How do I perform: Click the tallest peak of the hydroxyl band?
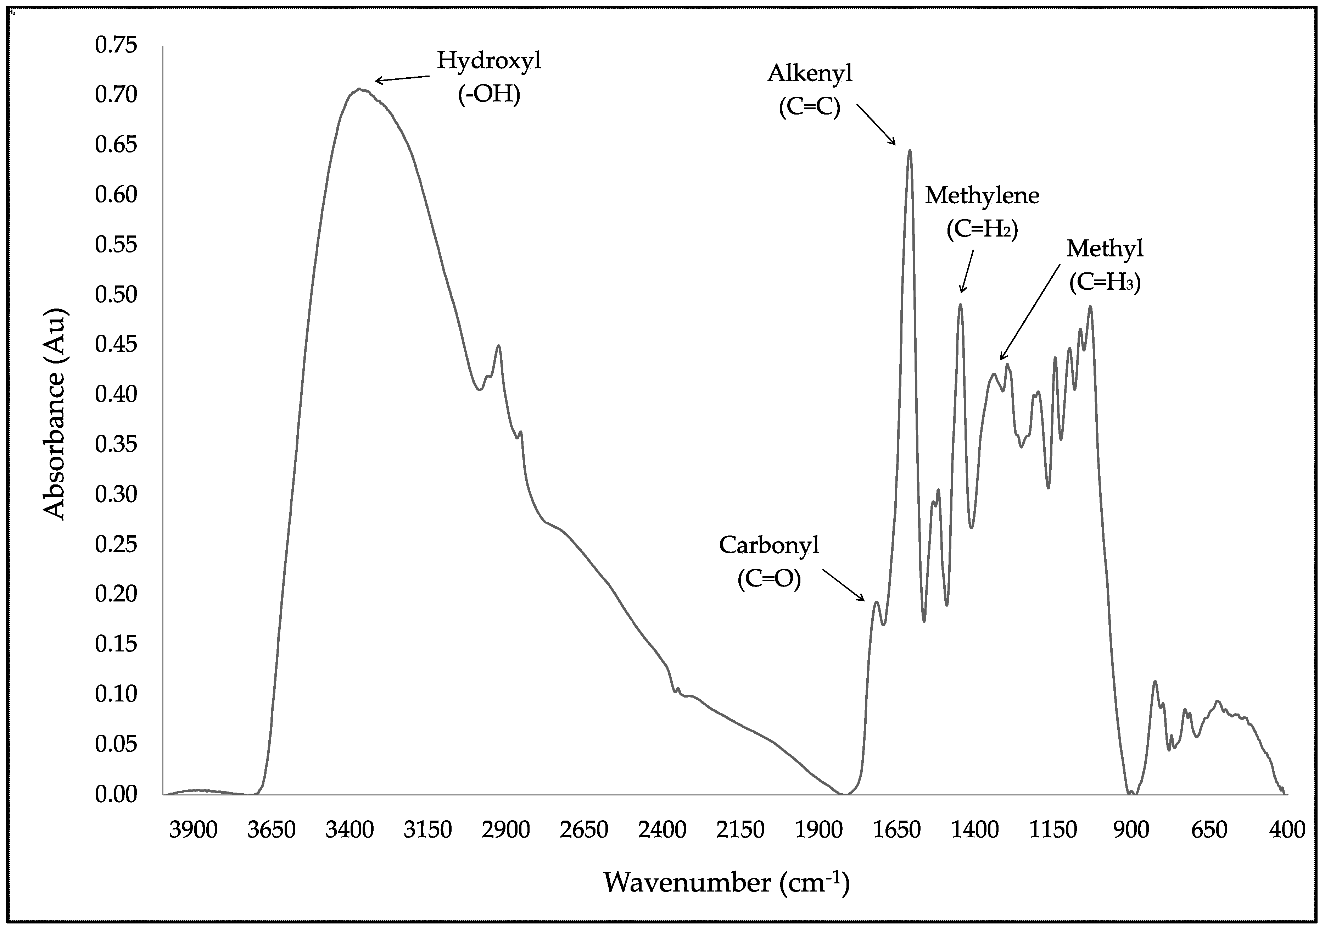pyautogui.click(x=359, y=89)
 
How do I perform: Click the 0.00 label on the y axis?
pyautogui.click(x=116, y=794)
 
